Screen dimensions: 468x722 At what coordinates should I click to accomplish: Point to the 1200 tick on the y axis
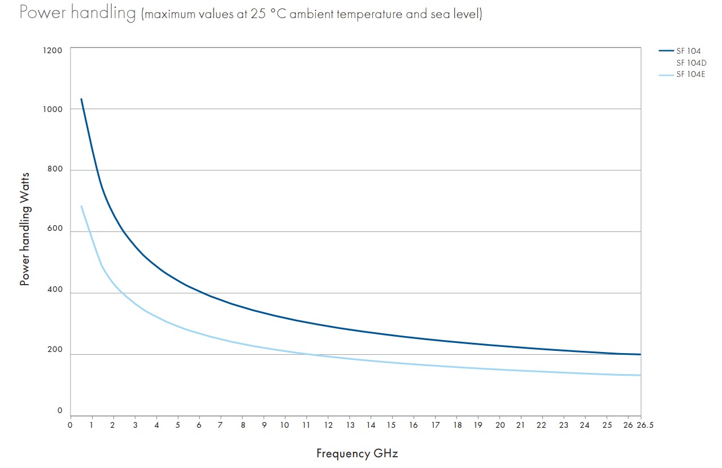point(53,50)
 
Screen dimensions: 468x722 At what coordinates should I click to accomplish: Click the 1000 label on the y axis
point(53,109)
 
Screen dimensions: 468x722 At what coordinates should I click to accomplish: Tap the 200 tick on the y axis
point(54,350)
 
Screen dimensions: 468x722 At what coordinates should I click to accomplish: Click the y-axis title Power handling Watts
point(25,229)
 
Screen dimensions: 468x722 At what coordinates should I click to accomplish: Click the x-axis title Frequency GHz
point(357,453)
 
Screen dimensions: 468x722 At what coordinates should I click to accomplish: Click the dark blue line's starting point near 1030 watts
point(81,100)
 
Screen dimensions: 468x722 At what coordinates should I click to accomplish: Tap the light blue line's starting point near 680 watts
point(81,207)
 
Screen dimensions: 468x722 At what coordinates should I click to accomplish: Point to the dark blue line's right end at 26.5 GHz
point(640,354)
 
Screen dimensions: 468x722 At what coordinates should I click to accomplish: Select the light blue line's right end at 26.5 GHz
point(640,375)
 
